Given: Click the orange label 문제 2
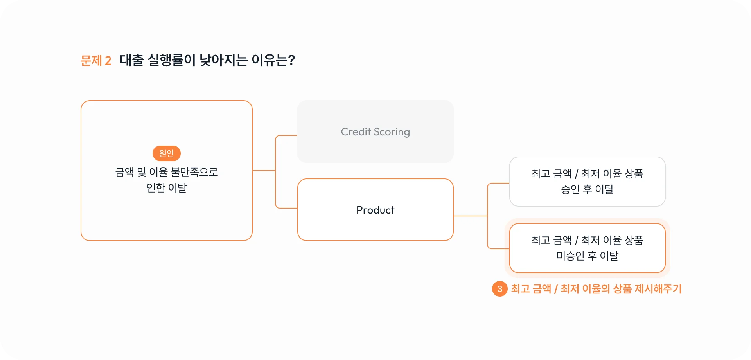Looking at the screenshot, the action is [96, 61].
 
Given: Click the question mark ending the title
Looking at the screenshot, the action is [291, 60].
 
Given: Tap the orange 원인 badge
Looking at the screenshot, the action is [167, 153].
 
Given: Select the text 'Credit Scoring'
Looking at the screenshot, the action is [375, 132].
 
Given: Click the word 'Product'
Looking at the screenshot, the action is [375, 210].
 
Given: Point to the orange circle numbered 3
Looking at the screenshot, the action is [499, 289].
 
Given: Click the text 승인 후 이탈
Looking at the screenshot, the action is [588, 189].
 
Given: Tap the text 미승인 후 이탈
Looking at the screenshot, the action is [588, 256].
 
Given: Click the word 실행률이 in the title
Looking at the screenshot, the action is [171, 60].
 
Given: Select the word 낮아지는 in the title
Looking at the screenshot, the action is [224, 60].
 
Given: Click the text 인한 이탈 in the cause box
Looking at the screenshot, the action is [167, 188].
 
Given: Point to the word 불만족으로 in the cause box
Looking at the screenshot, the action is [194, 172].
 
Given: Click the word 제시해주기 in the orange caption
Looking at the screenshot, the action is [658, 289].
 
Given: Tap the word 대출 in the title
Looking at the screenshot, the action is [132, 60].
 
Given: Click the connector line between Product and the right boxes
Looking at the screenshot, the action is [471, 216].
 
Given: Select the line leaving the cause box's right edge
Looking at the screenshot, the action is [264, 171].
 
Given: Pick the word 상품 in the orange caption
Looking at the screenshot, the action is [622, 289].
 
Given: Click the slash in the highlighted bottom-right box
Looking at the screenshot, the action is [576, 240].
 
